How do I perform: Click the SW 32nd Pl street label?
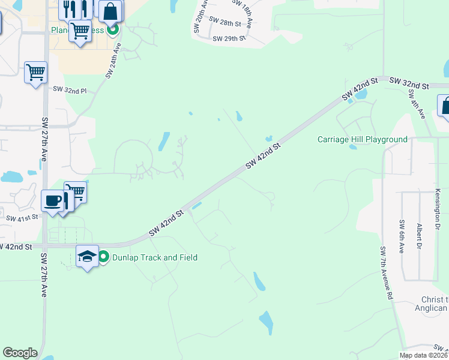(x=70, y=90)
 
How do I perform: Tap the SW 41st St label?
(x=22, y=217)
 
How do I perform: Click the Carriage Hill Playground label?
(x=363, y=140)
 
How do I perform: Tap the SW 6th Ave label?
(x=402, y=236)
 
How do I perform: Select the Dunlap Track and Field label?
(x=155, y=257)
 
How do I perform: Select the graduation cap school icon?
(x=88, y=256)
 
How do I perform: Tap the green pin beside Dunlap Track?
(x=103, y=257)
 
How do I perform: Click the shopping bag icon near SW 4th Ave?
(x=445, y=106)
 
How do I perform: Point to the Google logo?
(x=20, y=353)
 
